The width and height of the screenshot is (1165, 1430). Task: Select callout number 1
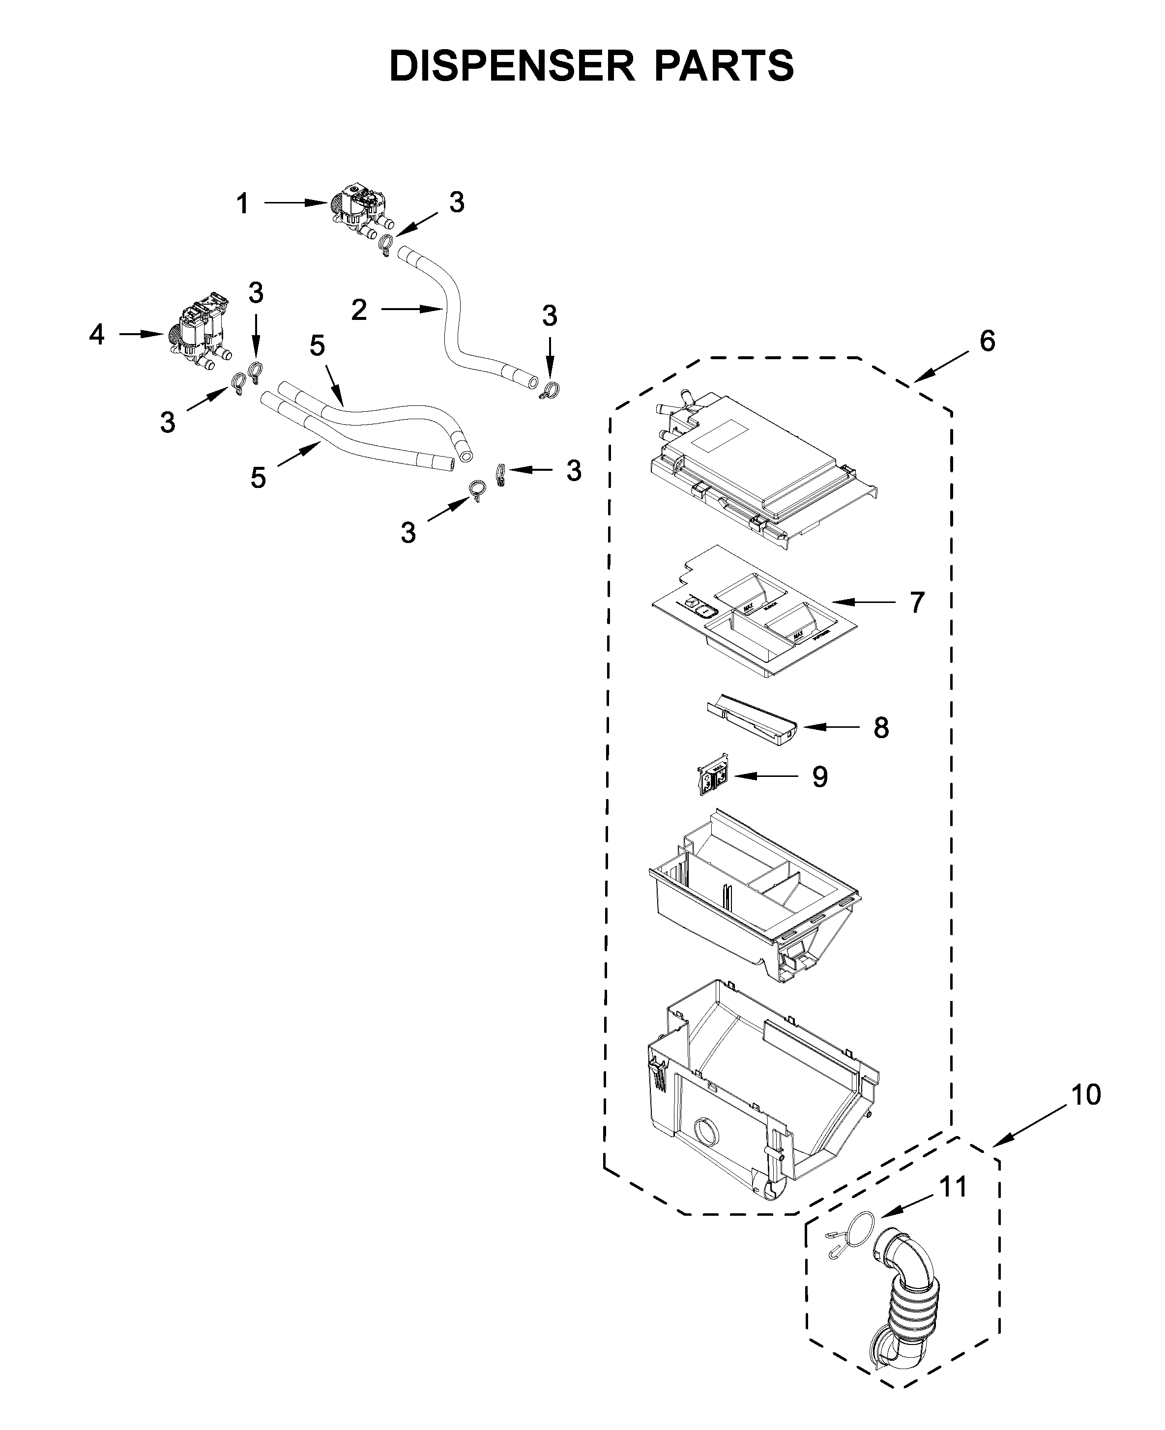pos(243,203)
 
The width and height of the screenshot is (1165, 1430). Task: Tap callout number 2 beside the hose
pos(359,310)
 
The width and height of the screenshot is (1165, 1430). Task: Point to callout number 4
pos(97,334)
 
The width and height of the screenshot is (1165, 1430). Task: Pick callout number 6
pos(987,342)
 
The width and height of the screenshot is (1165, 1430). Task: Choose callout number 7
pos(917,602)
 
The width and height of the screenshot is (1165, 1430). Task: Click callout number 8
pos(881,728)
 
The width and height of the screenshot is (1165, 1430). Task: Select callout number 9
pos(819,777)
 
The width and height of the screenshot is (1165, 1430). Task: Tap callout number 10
pos(1085,1095)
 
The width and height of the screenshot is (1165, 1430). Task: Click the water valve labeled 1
pos(362,211)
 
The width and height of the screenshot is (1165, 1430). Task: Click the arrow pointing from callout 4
pos(142,334)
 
